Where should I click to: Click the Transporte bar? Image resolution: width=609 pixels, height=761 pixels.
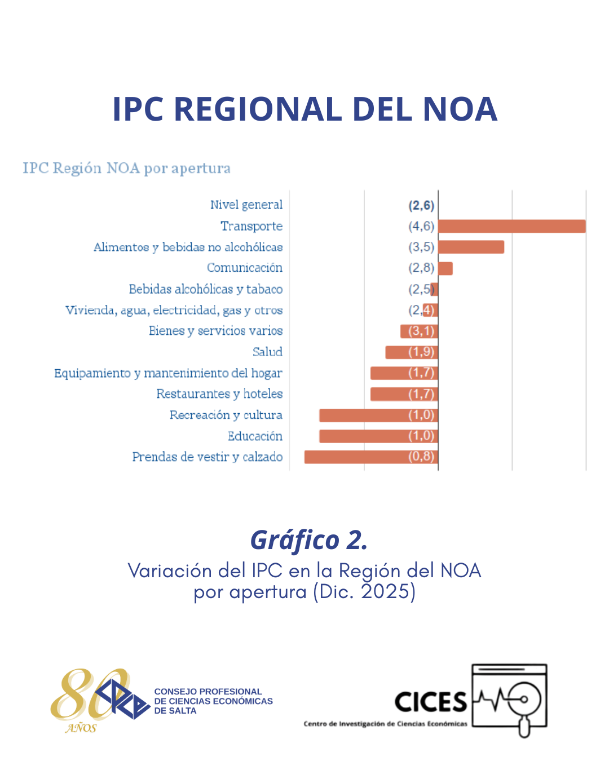(x=511, y=226)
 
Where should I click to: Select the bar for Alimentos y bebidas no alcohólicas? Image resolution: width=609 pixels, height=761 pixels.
(x=471, y=247)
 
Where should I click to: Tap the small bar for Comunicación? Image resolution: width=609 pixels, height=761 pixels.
(x=445, y=268)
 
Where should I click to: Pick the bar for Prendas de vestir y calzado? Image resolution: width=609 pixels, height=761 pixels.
(x=370, y=457)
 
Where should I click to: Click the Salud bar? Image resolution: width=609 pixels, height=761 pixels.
(x=411, y=352)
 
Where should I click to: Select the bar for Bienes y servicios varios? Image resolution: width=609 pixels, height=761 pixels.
(x=418, y=331)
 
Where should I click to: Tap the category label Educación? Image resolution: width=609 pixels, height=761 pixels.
(x=255, y=436)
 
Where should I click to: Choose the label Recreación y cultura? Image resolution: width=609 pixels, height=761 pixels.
(x=226, y=415)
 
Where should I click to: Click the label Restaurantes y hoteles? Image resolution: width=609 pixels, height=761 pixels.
(x=219, y=393)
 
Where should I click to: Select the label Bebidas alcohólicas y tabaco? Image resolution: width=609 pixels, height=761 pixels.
(x=205, y=289)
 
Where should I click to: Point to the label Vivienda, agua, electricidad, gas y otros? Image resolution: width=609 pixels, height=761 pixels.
(x=174, y=310)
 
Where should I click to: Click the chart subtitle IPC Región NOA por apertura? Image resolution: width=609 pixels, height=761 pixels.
(x=126, y=168)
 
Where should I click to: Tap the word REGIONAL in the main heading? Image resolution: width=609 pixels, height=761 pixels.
(x=257, y=109)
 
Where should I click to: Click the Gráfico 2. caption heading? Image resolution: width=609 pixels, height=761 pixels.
(x=308, y=539)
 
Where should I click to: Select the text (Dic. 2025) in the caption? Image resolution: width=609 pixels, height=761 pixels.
(x=364, y=592)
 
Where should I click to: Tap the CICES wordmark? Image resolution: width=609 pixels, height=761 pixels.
(x=431, y=702)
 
